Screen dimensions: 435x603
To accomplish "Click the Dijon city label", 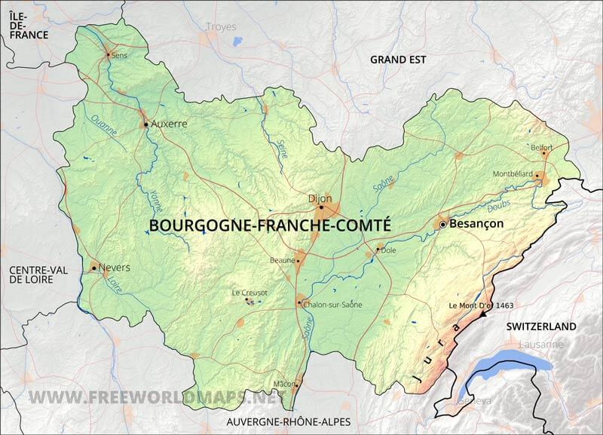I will (320, 198).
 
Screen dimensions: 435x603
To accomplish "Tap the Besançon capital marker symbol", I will (443, 225).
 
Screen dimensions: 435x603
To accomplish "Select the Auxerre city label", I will (169, 124).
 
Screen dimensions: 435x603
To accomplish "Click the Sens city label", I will (119, 55).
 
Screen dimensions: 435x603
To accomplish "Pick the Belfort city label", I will (541, 147).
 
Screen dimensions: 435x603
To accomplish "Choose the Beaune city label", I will (281, 260).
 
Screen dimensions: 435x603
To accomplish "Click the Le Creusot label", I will (246, 293).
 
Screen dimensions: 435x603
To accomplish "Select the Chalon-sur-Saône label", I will (332, 305).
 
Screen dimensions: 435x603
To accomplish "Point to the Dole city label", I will (389, 250).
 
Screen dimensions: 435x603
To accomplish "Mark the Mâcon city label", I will (284, 384).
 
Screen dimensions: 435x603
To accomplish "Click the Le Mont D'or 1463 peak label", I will (480, 305).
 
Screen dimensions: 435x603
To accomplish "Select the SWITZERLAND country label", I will (541, 326).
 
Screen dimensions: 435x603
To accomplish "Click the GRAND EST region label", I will (398, 59).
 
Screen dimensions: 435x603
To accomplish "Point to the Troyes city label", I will (221, 26).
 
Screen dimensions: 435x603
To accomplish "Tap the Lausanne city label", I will (540, 345).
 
